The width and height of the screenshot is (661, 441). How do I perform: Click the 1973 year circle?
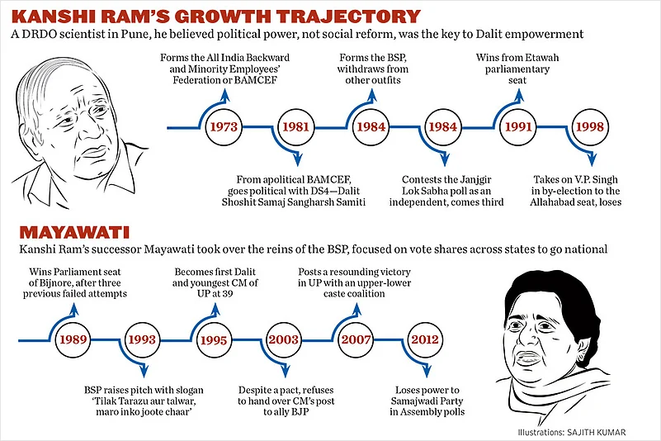tap(224, 128)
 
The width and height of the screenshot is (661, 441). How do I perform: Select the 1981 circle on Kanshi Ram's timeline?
tap(295, 128)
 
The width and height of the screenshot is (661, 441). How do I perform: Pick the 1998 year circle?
tap(587, 128)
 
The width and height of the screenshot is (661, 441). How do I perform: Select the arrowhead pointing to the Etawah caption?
tap(518, 93)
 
